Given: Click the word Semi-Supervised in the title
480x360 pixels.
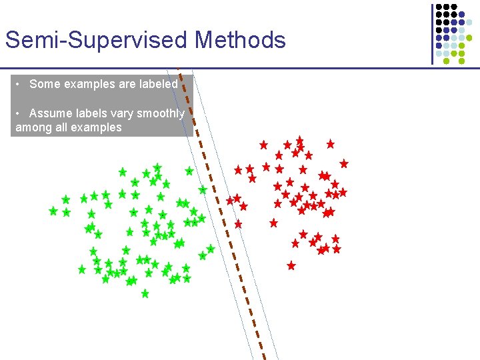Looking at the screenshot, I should pyautogui.click(x=97, y=40).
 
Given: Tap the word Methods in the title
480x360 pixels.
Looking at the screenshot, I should pyautogui.click(x=240, y=40).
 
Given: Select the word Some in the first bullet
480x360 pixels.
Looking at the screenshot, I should pyautogui.click(x=44, y=84).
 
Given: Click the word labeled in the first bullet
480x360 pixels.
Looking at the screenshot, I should pyautogui.click(x=159, y=84).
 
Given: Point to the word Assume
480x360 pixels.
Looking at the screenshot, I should pyautogui.click(x=51, y=113).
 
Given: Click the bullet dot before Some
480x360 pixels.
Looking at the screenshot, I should pyautogui.click(x=20, y=84).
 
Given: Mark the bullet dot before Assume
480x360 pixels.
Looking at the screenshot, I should pyautogui.click(x=20, y=113).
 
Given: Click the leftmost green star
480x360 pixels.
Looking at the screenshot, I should pyautogui.click(x=53, y=211).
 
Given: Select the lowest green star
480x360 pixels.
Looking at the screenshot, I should pyautogui.click(x=145, y=293).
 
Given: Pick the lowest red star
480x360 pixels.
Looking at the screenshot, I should pyautogui.click(x=291, y=265).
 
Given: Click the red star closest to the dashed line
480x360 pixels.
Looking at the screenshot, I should pyautogui.click(x=230, y=200).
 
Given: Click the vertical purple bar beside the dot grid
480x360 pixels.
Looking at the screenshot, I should pyautogui.click(x=431, y=33).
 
